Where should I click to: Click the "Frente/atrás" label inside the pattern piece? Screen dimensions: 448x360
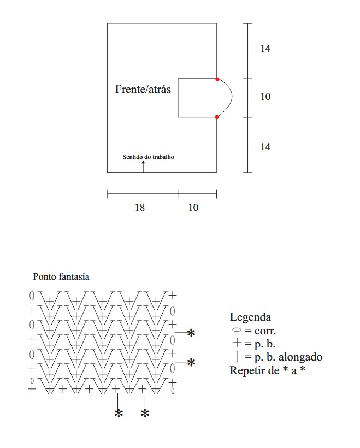pos(143,89)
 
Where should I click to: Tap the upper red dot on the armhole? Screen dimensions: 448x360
pos(217,80)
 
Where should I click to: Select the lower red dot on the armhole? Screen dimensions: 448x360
pos(217,117)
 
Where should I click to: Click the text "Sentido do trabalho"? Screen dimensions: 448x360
pos(148,157)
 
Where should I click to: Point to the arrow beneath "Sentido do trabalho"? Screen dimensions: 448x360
pos(143,167)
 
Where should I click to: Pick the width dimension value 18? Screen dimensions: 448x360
pos(140,208)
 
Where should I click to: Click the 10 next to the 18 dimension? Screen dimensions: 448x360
pos(194,208)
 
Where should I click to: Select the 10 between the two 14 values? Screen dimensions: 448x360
pos(265,97)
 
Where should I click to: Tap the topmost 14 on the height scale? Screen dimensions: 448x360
pos(265,49)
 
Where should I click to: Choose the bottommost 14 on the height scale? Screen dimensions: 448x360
pos(265,146)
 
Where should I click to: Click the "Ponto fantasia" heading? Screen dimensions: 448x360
pos(61,277)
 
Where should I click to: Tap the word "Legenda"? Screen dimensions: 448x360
pos(250,317)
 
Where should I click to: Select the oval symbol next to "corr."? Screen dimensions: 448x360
pos(236,331)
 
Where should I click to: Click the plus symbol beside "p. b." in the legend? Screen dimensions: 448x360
pos(237,344)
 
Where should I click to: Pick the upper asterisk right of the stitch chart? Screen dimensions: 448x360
pos(191,332)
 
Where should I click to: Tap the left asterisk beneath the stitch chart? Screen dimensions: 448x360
pos(118,414)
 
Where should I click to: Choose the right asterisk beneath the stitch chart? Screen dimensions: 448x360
pos(145,414)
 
